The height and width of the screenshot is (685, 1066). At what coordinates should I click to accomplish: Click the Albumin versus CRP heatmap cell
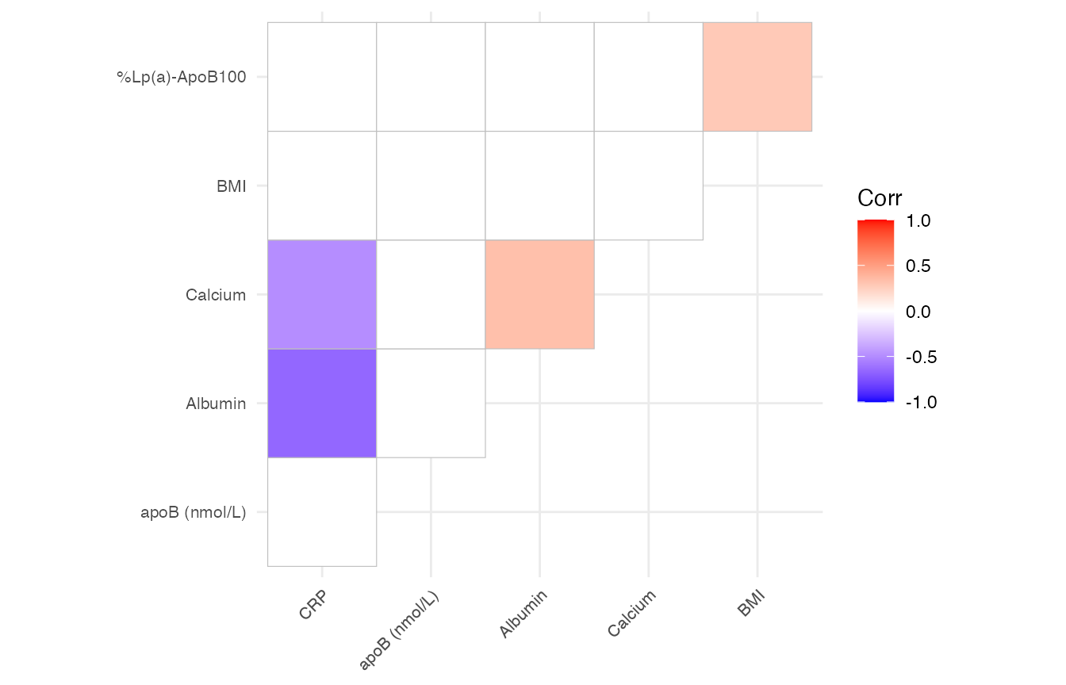[322, 403]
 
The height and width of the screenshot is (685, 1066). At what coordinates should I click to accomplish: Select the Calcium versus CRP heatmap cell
[322, 294]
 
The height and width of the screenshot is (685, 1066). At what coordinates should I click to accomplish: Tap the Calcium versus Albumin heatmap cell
[539, 294]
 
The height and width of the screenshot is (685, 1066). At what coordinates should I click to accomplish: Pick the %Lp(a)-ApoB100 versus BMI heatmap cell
[757, 77]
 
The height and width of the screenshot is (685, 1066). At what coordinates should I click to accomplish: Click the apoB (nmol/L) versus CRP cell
[322, 511]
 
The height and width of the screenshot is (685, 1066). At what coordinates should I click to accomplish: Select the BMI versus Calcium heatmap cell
[648, 186]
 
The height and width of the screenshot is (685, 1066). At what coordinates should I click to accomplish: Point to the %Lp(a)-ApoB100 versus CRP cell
[322, 77]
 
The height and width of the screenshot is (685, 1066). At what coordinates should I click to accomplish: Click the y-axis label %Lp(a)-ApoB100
[182, 77]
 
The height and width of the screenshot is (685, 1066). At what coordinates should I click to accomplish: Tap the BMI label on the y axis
[231, 186]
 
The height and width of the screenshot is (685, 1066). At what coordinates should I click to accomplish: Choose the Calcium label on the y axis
[216, 295]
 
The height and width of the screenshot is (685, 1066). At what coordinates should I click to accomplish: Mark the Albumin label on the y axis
[216, 404]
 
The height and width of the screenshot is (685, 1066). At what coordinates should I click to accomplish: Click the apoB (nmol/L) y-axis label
[193, 512]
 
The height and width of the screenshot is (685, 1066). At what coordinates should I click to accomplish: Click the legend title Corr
[880, 198]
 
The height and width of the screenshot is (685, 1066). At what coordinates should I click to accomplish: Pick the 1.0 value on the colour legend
[918, 221]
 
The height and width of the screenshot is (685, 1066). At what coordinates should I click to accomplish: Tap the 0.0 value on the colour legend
[918, 312]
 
